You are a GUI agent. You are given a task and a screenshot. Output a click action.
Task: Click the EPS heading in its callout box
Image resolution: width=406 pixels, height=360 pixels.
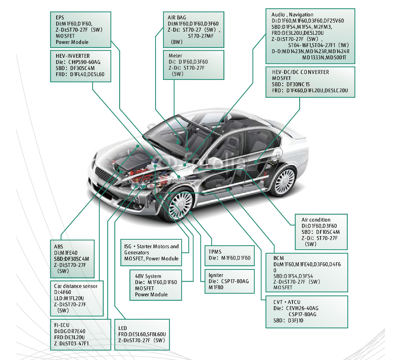point(60,17)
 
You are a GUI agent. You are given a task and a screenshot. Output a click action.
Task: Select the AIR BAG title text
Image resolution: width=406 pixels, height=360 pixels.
point(177,17)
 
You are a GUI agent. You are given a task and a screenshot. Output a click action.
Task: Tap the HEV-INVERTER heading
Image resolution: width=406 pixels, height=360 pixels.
point(73,56)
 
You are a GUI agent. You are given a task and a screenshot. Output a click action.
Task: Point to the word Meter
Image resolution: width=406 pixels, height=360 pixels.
point(175,56)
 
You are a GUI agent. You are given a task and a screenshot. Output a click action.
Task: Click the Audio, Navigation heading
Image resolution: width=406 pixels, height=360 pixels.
point(292,15)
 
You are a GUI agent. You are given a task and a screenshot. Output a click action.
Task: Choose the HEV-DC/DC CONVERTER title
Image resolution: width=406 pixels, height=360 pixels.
point(300,72)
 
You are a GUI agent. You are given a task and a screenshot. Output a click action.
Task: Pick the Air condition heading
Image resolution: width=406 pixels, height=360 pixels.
point(316,220)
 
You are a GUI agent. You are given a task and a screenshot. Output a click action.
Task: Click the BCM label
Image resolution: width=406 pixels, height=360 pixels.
point(279,258)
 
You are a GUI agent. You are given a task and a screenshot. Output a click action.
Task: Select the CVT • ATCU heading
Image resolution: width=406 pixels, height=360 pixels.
point(287,302)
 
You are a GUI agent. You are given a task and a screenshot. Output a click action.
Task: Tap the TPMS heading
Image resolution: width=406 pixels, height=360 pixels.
point(215,252)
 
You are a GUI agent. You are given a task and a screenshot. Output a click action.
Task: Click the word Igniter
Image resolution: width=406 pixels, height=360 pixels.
point(216,275)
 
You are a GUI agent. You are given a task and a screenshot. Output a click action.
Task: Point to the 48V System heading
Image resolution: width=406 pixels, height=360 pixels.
point(148,276)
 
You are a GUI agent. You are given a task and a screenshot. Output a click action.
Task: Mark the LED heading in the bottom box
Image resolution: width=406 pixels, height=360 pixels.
point(123,328)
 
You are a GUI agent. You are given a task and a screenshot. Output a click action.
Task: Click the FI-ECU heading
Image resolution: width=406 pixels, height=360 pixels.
point(62,325)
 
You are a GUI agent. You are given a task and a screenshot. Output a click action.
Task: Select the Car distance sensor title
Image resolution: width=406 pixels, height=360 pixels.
point(76,286)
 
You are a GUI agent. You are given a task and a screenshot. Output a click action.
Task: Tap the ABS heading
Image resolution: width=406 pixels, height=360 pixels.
point(59,246)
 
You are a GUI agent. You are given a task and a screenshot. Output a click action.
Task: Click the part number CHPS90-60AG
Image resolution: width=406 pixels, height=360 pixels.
point(84,62)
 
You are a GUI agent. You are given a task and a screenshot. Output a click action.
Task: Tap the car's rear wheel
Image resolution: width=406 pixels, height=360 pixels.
point(283,180)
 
